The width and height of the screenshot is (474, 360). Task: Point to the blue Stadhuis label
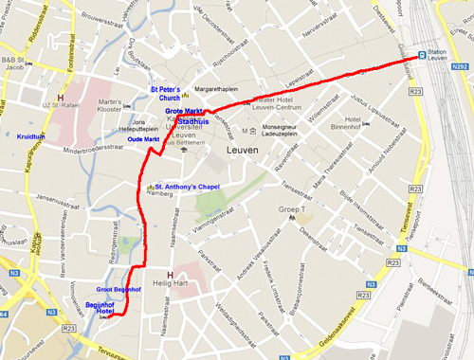point(192,122)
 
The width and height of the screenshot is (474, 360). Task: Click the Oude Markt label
point(143,139)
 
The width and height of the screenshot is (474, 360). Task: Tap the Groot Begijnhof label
point(118,288)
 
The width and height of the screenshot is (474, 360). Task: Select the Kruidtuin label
point(31,136)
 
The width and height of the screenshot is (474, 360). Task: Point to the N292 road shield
point(460,67)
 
